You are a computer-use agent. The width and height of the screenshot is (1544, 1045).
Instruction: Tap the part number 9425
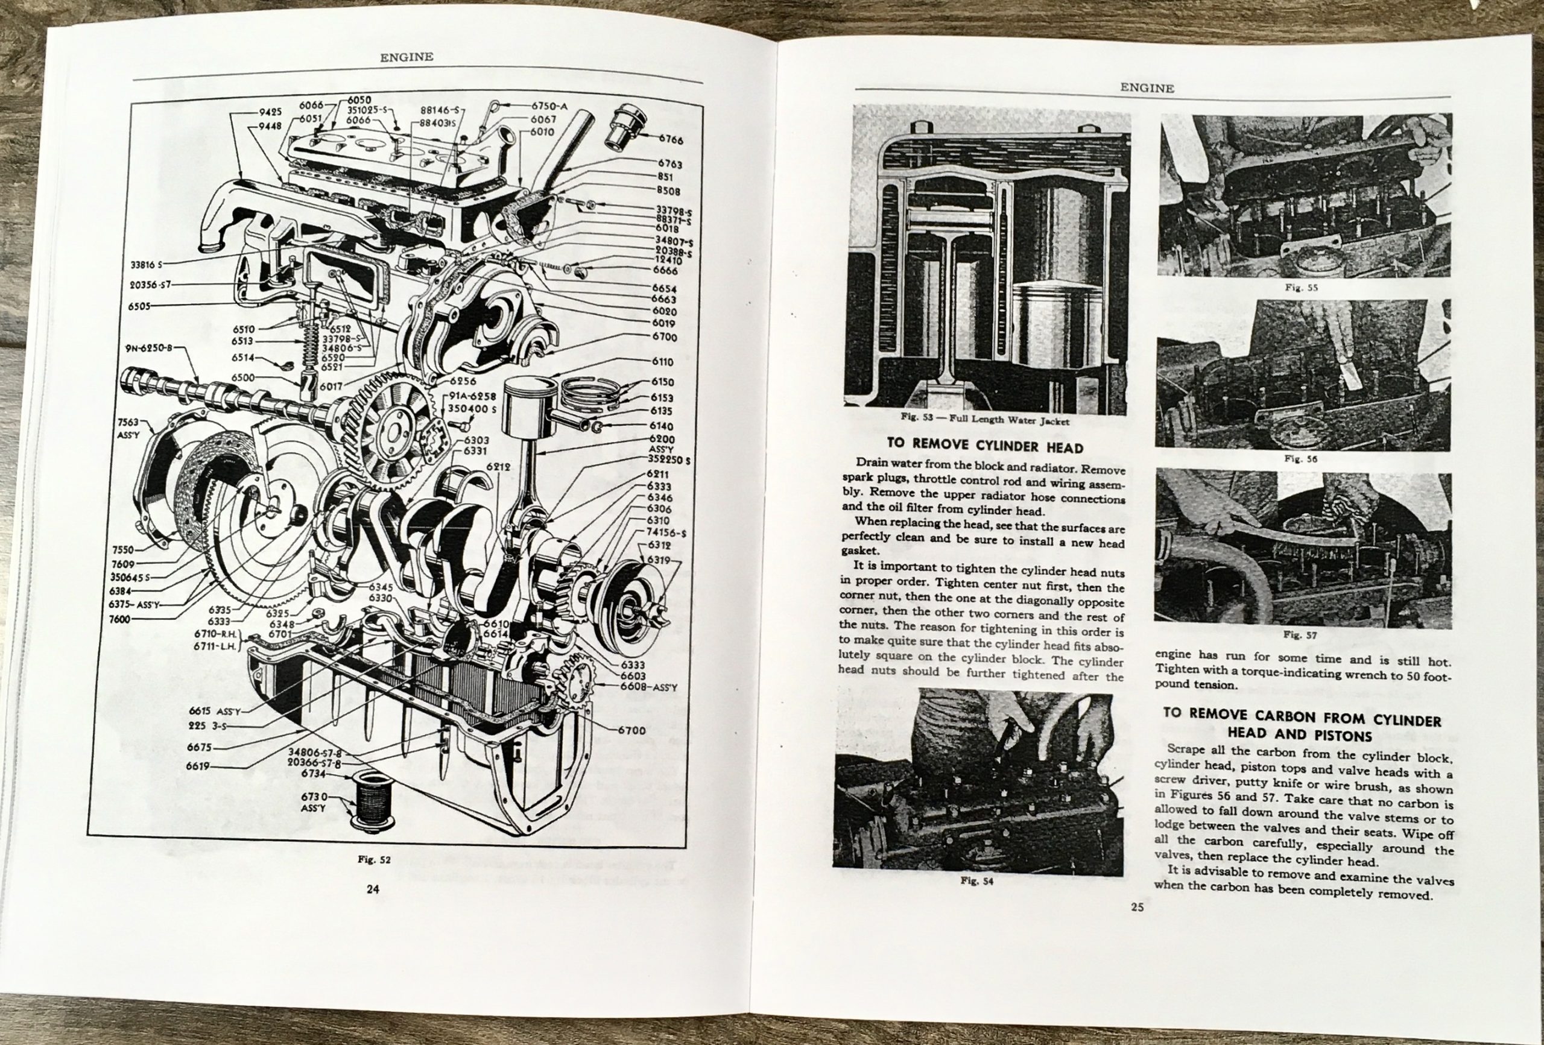[x=270, y=112]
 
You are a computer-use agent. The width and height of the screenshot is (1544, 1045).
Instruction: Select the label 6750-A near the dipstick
[x=549, y=106]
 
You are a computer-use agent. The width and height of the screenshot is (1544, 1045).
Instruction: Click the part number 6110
[x=662, y=361]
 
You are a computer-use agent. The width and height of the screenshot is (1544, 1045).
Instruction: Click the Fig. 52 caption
[x=375, y=859]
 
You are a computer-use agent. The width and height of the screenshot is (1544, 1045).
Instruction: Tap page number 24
[x=372, y=889]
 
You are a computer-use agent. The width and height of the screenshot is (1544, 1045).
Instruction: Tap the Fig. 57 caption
[x=1291, y=634]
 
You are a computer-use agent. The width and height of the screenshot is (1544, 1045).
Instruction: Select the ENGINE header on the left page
[x=407, y=57]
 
